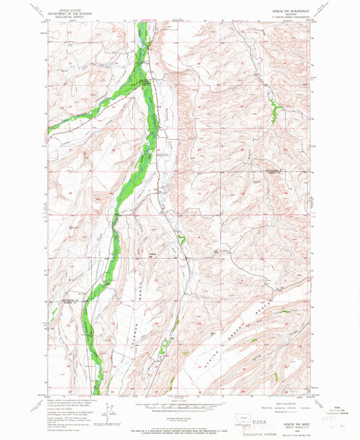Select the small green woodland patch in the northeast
pyautogui.click(x=274, y=108)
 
